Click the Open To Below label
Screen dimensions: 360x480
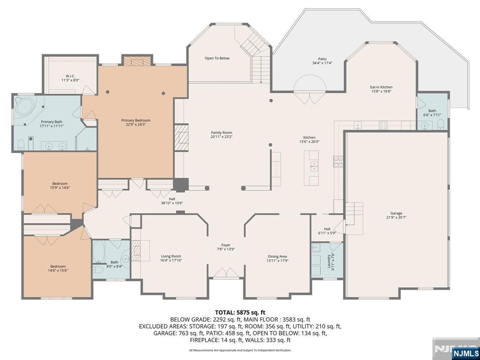coord(217,58)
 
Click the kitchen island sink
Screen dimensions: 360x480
coord(313,165)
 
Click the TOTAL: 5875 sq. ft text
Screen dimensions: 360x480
coord(240,312)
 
